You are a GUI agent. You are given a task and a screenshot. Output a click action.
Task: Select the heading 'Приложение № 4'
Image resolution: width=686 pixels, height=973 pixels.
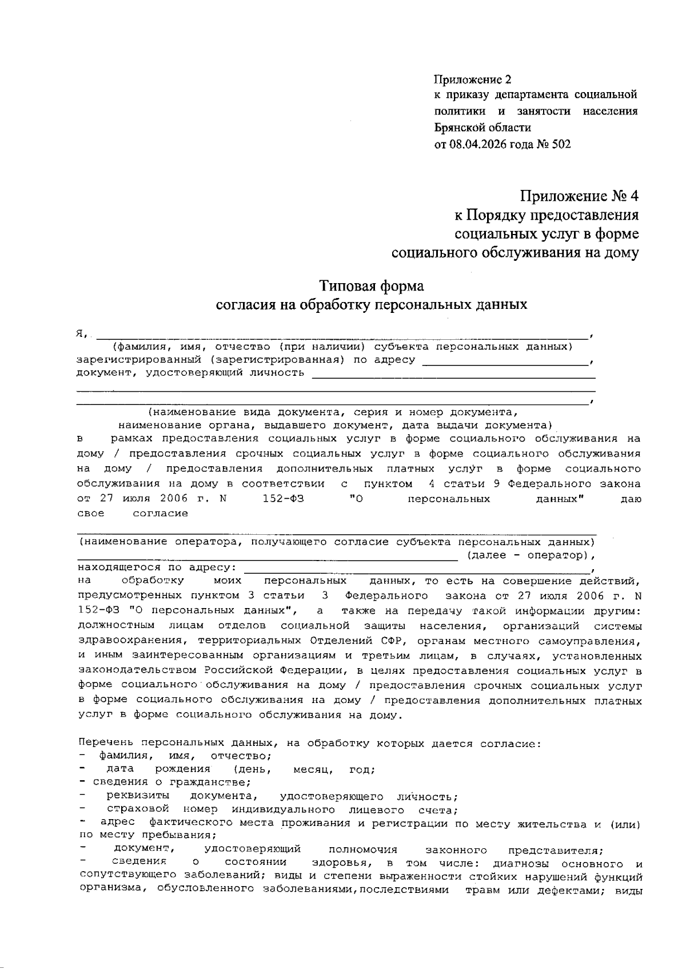(x=579, y=196)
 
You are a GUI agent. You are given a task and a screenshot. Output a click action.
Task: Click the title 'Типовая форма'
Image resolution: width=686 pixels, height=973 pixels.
(x=372, y=285)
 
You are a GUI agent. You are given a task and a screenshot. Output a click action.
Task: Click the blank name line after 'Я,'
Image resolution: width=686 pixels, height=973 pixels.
(x=343, y=334)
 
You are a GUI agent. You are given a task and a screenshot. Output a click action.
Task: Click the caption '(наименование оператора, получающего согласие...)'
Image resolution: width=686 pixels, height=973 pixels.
(x=336, y=541)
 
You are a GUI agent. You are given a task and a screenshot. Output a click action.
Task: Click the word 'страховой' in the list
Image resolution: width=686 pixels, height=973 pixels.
(x=138, y=810)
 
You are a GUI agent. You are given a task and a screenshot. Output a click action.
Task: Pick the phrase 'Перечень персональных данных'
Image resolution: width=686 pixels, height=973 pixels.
(x=174, y=744)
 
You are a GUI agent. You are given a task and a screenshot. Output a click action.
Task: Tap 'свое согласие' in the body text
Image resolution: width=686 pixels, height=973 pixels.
(x=133, y=514)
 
